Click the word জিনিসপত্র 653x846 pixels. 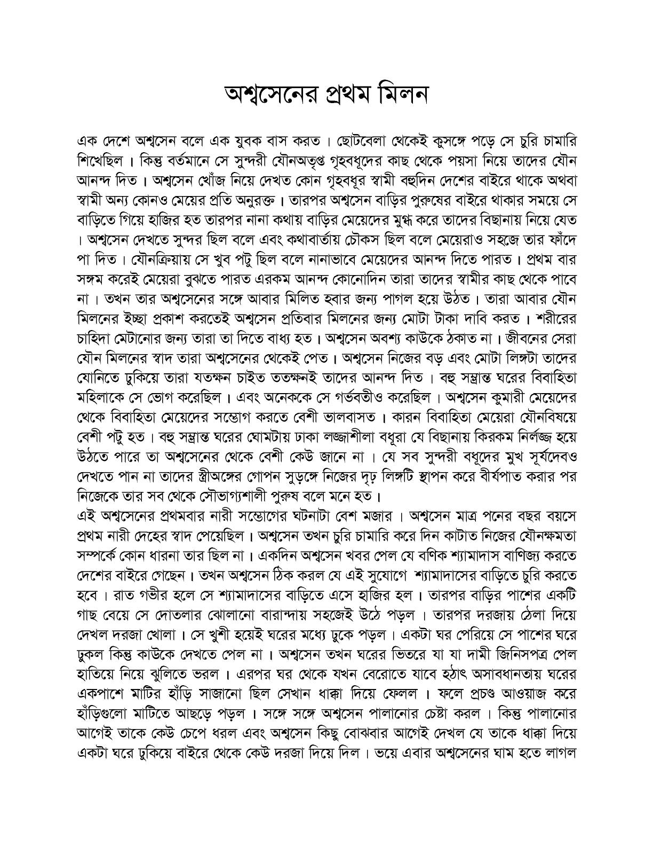tap(509, 655)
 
